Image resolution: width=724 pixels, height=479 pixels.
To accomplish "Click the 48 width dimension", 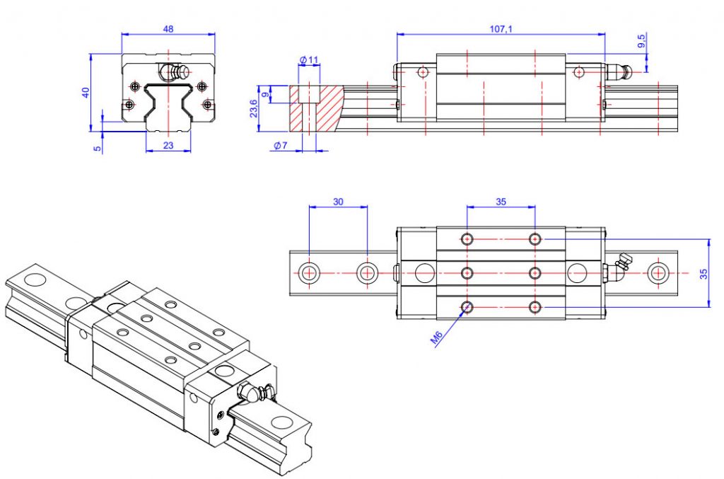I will click(x=168, y=29).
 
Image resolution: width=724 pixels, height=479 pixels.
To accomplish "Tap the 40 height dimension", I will click(x=86, y=92).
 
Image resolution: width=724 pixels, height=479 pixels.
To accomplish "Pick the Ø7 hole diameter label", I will click(x=281, y=146).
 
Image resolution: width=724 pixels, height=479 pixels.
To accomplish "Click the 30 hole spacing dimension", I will click(x=338, y=202).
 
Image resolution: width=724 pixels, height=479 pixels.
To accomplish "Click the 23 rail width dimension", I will click(x=168, y=146).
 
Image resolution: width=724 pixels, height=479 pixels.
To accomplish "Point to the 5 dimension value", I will click(x=98, y=147).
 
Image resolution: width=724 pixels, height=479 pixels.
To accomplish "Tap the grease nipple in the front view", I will click(x=171, y=72).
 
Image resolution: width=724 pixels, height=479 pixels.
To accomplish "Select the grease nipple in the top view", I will click(x=619, y=265).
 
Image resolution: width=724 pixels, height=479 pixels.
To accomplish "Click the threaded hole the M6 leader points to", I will click(x=467, y=306).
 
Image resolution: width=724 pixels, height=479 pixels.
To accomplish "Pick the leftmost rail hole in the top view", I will click(x=308, y=272).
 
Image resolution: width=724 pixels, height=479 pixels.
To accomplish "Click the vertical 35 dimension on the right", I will click(x=704, y=274).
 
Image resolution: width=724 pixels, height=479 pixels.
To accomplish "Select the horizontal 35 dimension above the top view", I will click(x=501, y=202).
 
